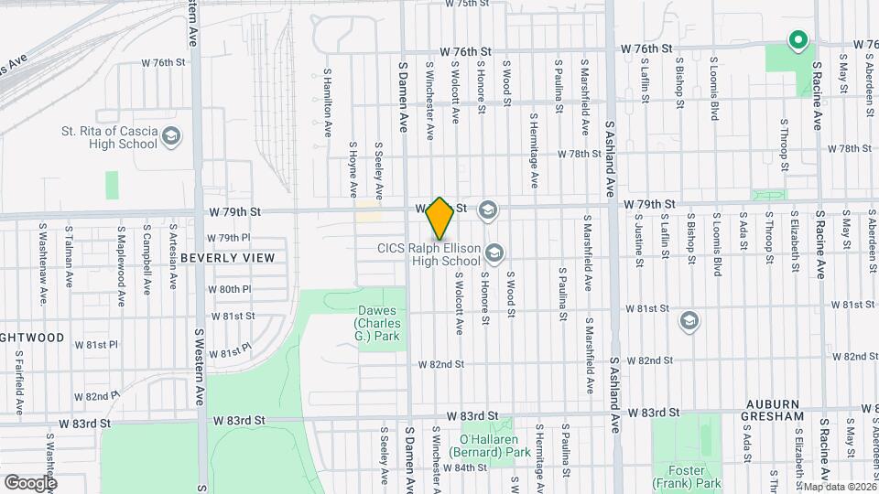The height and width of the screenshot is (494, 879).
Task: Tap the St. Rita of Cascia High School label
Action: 111,137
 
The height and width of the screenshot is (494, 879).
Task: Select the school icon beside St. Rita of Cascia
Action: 171,137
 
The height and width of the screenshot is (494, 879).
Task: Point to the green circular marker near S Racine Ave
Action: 798,40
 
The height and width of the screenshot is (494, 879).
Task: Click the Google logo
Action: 30,482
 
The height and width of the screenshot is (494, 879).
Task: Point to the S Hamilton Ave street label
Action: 327,102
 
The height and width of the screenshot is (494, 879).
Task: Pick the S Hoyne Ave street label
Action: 353,169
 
